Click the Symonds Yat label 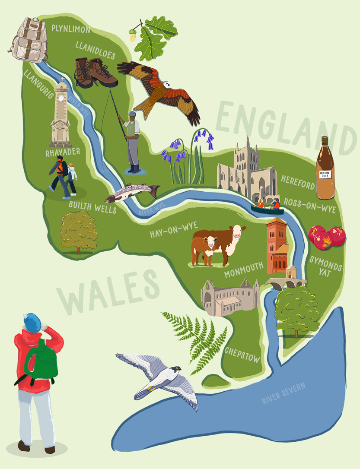pos(325,268)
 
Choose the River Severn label pos(284,393)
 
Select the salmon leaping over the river pos(131,193)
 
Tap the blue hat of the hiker pos(32,322)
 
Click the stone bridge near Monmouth pos(286,283)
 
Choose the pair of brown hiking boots pos(95,72)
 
